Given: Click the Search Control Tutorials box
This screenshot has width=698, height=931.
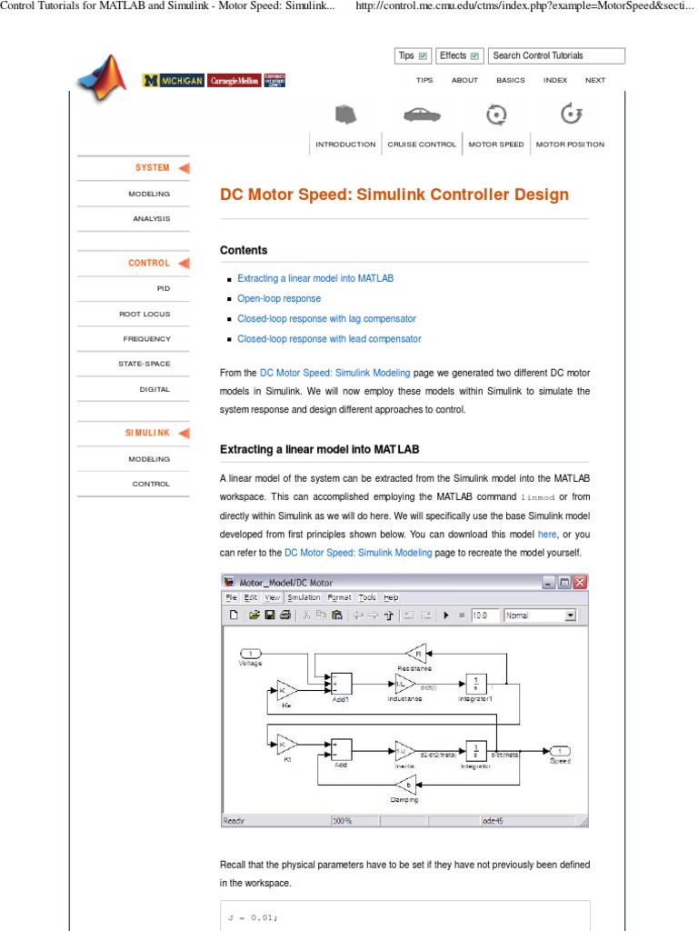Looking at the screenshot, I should tap(556, 55).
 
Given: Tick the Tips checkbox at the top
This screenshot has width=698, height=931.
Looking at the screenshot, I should tap(424, 56).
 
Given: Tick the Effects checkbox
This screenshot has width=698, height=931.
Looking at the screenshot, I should tap(475, 56).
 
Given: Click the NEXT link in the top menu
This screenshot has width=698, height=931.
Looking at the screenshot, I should tap(595, 80).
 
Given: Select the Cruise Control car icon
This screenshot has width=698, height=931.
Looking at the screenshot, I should tap(422, 115).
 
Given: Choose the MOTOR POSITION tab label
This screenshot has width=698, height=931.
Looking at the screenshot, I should tap(570, 145).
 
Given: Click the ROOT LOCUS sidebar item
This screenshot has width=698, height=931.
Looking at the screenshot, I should tap(145, 314).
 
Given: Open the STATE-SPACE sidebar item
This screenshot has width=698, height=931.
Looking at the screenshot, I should tap(144, 364).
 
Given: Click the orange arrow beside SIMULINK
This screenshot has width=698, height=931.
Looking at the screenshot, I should tap(184, 434).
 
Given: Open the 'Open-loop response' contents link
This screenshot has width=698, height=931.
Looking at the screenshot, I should tap(279, 298).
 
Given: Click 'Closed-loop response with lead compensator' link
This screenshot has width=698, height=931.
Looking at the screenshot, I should tap(329, 339).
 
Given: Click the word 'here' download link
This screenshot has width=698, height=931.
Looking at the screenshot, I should tap(547, 535).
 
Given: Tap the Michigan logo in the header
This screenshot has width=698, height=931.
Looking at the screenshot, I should tap(173, 81).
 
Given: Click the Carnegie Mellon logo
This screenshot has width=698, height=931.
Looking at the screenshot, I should tap(234, 81).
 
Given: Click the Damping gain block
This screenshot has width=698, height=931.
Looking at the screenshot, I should tap(409, 784).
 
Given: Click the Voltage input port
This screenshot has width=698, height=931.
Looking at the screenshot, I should tap(250, 654).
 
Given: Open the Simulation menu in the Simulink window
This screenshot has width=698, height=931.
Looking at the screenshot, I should tap(304, 597).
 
